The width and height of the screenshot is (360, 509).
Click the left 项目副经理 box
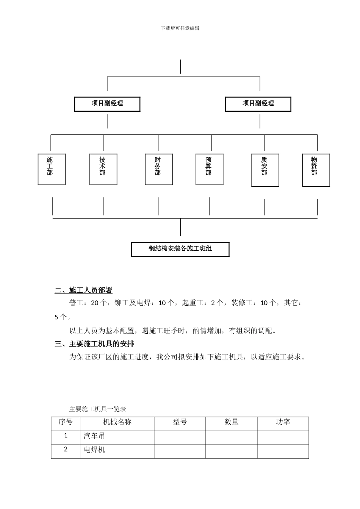(x=107, y=104)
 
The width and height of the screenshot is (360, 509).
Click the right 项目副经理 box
(x=258, y=104)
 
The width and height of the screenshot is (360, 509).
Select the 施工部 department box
(x=52, y=169)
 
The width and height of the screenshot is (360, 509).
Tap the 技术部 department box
(x=103, y=169)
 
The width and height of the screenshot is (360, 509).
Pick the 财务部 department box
(x=158, y=169)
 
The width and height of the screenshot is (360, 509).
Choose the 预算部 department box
(x=209, y=169)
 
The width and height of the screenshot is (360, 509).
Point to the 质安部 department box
(x=265, y=170)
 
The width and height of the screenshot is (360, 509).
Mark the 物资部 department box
(x=316, y=170)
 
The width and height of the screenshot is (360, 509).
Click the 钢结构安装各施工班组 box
(x=180, y=249)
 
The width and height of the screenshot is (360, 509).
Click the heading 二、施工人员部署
(x=84, y=290)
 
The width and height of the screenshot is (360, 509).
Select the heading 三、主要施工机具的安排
(x=94, y=344)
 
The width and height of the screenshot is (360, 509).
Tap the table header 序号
(x=66, y=422)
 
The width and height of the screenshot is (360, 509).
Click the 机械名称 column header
(x=117, y=422)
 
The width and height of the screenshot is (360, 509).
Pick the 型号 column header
(x=180, y=422)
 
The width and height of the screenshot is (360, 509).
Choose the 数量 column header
(x=232, y=422)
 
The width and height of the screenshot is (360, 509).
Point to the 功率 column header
(x=283, y=422)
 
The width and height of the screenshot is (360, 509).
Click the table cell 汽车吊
(x=94, y=436)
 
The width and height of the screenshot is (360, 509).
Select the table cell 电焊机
(x=94, y=450)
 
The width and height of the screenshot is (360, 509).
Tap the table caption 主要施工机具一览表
(x=98, y=409)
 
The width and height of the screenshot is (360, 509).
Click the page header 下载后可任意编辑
(x=180, y=28)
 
